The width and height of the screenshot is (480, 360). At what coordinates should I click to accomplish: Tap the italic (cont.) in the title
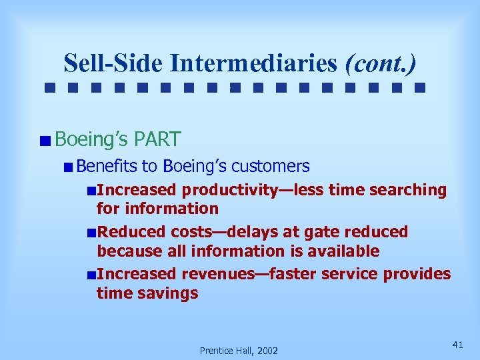[381, 63]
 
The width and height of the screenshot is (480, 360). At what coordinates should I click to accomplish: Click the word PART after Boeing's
[157, 139]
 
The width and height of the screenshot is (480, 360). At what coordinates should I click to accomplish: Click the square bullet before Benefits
[69, 167]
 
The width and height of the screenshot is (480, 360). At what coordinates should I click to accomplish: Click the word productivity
[230, 190]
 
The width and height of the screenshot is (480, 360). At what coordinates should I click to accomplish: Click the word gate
[317, 232]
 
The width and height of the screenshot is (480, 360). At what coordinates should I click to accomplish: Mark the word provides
[415, 274]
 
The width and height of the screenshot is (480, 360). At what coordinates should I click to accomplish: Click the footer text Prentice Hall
[225, 351]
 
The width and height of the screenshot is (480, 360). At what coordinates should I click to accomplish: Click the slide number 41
[457, 345]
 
